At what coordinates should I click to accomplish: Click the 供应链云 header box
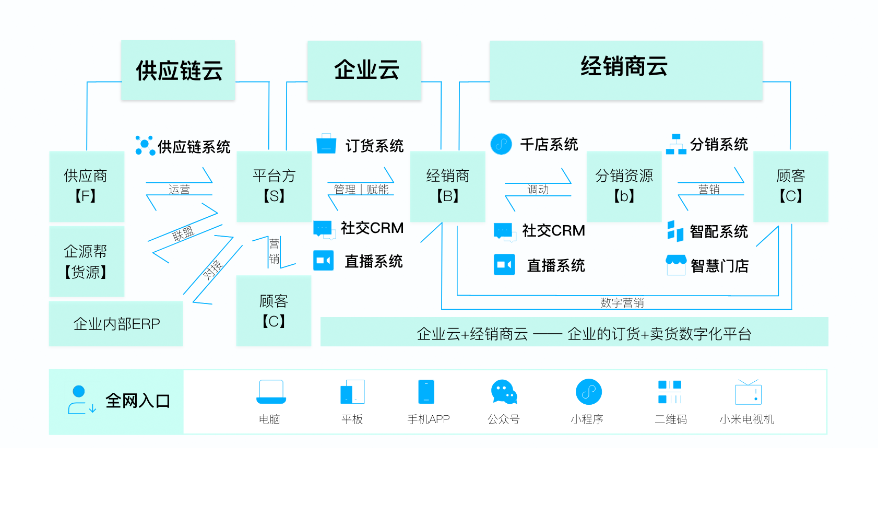click(178, 70)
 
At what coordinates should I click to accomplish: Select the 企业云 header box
click(364, 70)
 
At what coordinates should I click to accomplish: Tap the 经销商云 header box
click(625, 70)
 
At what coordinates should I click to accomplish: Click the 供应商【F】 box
click(87, 186)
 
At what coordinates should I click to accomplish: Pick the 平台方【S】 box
click(274, 186)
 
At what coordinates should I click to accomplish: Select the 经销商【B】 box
click(447, 186)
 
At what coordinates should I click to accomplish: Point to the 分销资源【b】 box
click(624, 186)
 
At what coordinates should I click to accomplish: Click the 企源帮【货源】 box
click(87, 261)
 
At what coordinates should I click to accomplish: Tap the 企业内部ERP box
click(116, 324)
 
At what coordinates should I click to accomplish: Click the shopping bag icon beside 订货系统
click(326, 144)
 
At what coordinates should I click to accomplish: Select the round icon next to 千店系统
click(501, 144)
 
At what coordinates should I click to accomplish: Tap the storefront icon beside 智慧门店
click(676, 265)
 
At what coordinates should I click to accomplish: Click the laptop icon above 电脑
click(271, 392)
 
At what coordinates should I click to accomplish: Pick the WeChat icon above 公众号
click(504, 392)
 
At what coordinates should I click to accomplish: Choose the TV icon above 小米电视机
click(748, 392)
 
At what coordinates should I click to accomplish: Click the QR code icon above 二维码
click(670, 392)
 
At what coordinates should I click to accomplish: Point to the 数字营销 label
click(622, 303)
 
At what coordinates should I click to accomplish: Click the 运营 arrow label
click(179, 190)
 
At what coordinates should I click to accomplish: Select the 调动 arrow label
click(538, 190)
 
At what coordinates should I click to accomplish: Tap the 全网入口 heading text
click(138, 401)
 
